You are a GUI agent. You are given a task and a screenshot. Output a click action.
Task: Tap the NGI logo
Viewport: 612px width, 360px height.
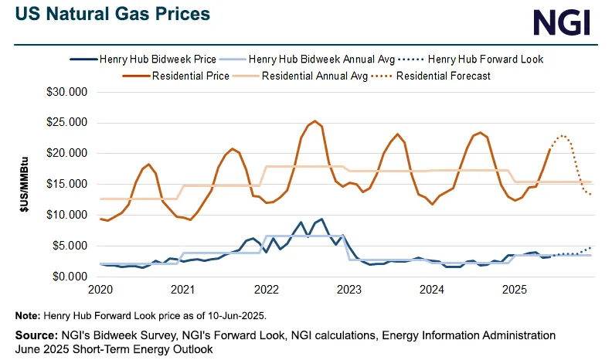563,22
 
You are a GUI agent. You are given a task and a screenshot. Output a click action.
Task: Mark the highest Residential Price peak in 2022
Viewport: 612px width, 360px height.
314,121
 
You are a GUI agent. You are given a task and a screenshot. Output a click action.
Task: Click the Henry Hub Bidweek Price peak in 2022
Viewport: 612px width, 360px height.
321,219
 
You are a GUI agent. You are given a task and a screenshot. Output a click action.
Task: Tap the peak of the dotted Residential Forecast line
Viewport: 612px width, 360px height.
563,136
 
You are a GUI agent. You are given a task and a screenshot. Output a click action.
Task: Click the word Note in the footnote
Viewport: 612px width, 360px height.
28,316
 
